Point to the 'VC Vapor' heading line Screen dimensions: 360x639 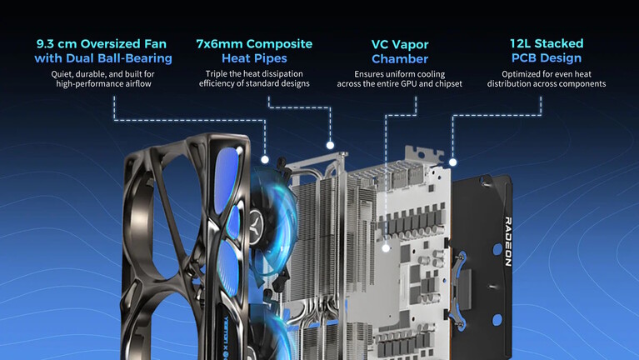(400, 43)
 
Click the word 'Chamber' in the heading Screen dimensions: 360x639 (400, 58)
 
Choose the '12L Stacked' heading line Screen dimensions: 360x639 (547, 43)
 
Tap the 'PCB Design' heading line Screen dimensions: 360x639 (547, 58)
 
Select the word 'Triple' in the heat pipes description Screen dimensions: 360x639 (219, 73)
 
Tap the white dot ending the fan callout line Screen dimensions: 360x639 (265, 158)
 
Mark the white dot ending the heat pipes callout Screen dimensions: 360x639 (330, 146)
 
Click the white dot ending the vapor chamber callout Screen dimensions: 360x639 (386, 247)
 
